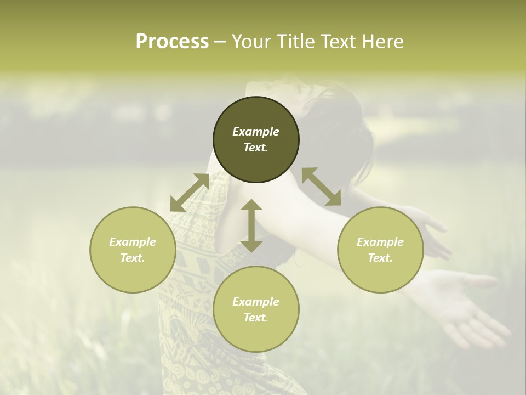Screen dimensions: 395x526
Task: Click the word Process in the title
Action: click(172, 42)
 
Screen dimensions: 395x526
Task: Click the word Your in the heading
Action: click(250, 42)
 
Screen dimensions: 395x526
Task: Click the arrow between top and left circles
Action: click(190, 193)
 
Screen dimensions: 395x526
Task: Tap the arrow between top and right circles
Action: click(322, 187)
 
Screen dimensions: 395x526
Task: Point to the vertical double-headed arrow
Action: click(251, 225)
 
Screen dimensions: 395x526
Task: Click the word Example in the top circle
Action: click(256, 132)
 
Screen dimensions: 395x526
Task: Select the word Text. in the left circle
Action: click(133, 258)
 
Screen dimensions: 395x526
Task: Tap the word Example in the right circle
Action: click(380, 242)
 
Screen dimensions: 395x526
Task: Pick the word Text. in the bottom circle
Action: click(256, 318)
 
